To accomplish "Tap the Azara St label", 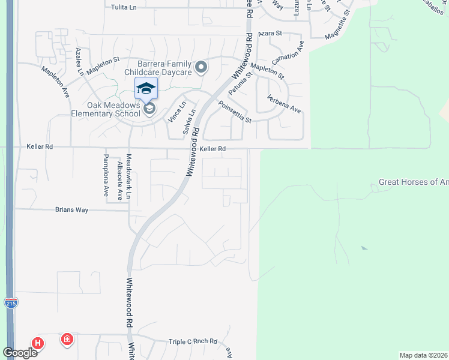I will [x=270, y=34].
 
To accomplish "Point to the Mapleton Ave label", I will [x=56, y=83].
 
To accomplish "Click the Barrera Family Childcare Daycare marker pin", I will [x=201, y=67].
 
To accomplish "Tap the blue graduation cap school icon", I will [x=146, y=89].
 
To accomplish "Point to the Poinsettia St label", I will [x=234, y=111].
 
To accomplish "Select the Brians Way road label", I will [x=71, y=209].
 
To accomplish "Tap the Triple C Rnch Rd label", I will [x=193, y=341].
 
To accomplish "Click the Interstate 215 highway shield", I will [x=11, y=303].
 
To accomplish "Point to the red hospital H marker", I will [x=38, y=344].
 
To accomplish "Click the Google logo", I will [x=20, y=352].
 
